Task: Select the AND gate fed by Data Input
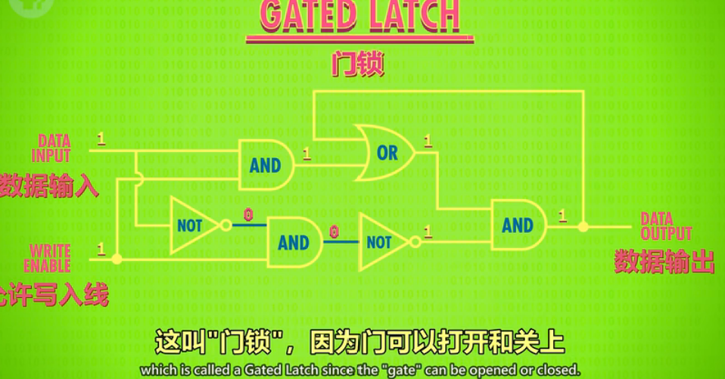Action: [265, 165]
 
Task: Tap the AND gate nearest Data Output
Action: [518, 225]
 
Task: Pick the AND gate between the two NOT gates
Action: [294, 242]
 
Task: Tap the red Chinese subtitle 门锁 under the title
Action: [358, 64]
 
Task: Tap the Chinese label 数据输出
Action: [664, 262]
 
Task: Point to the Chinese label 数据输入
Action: [48, 186]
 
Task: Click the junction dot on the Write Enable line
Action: [117, 259]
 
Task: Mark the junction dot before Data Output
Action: [583, 226]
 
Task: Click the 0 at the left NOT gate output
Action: [247, 215]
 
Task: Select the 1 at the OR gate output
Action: [428, 141]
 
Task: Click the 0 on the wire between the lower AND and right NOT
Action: [334, 232]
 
